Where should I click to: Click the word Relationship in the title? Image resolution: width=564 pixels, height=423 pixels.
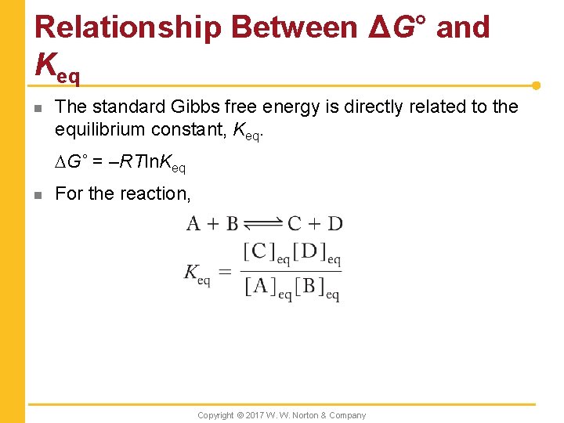128,27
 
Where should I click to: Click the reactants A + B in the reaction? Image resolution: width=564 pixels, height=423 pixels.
212,224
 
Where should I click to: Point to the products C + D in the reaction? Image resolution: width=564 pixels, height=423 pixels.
315,224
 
